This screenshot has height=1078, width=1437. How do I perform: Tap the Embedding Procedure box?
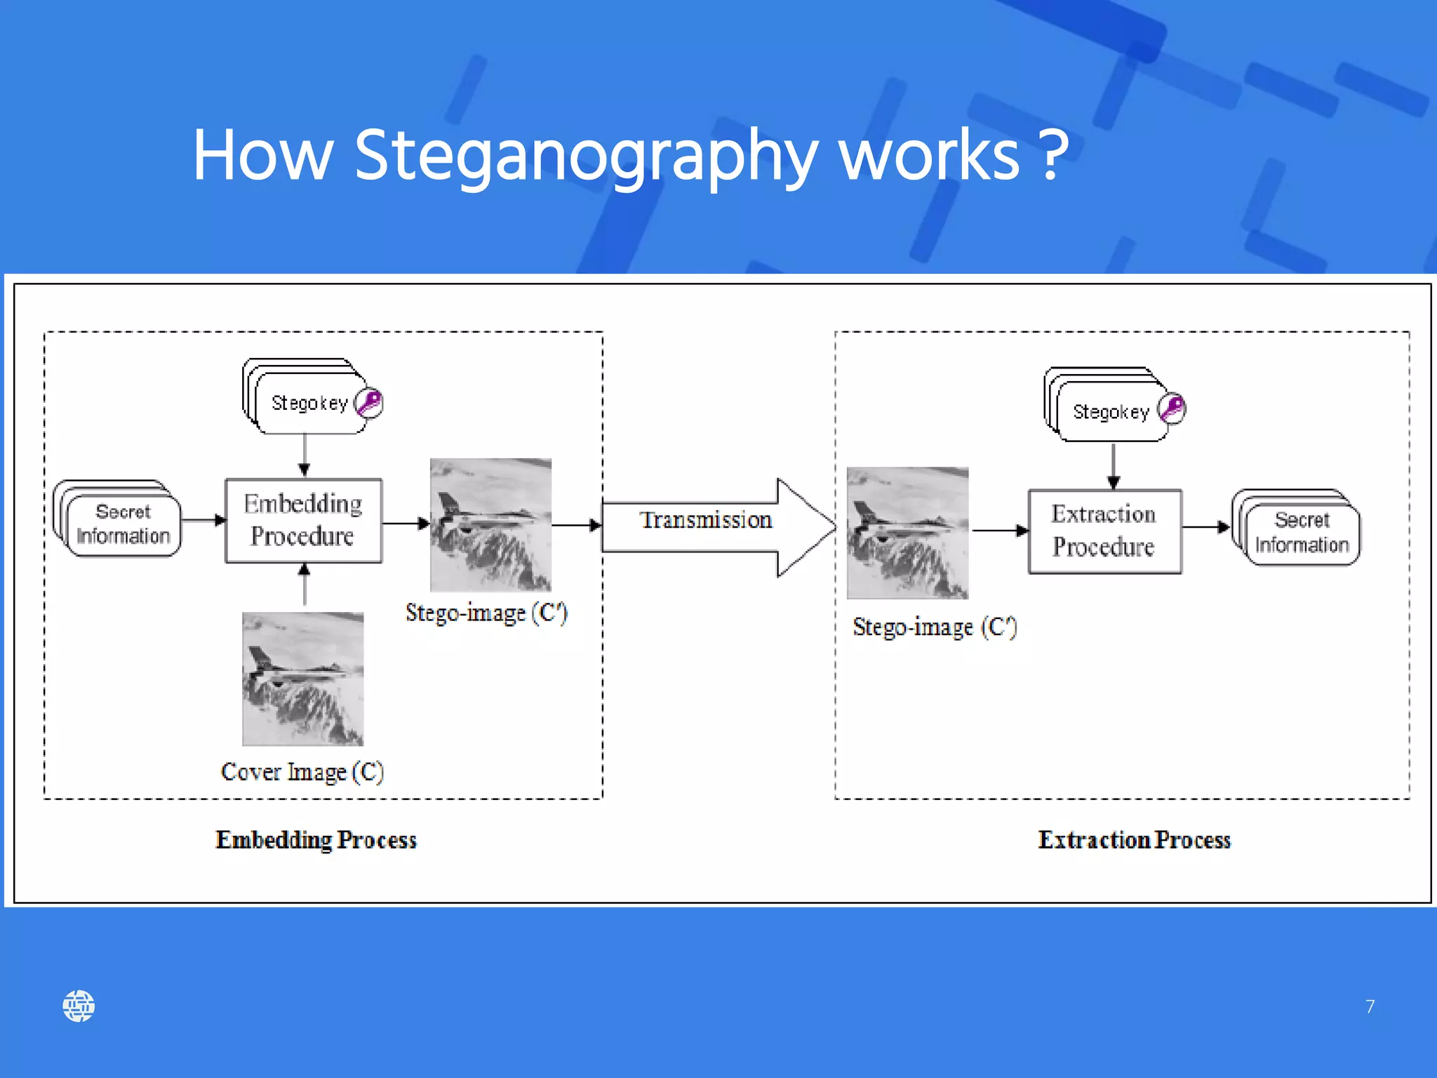(x=303, y=521)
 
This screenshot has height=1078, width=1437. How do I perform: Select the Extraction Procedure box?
(x=1104, y=531)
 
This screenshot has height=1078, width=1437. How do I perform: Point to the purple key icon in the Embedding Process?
(x=369, y=403)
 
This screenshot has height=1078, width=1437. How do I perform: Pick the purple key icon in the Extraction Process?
(x=1172, y=408)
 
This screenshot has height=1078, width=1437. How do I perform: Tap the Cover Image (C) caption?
(x=302, y=772)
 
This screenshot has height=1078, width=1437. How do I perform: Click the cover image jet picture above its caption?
(x=302, y=679)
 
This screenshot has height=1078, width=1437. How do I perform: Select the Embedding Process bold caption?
(x=316, y=840)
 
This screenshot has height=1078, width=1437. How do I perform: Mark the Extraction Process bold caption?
(x=1134, y=840)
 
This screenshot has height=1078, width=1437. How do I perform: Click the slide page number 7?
(x=1370, y=1006)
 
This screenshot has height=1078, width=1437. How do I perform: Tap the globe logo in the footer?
(x=79, y=1006)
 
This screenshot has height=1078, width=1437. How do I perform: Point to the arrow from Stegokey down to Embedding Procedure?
(x=304, y=455)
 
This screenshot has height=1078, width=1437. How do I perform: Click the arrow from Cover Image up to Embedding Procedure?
(x=304, y=585)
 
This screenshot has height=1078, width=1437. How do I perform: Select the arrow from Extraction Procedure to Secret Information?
(x=1206, y=526)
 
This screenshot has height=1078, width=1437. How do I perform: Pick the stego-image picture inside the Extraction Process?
(x=907, y=533)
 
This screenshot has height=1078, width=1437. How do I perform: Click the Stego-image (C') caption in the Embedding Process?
(x=486, y=613)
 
